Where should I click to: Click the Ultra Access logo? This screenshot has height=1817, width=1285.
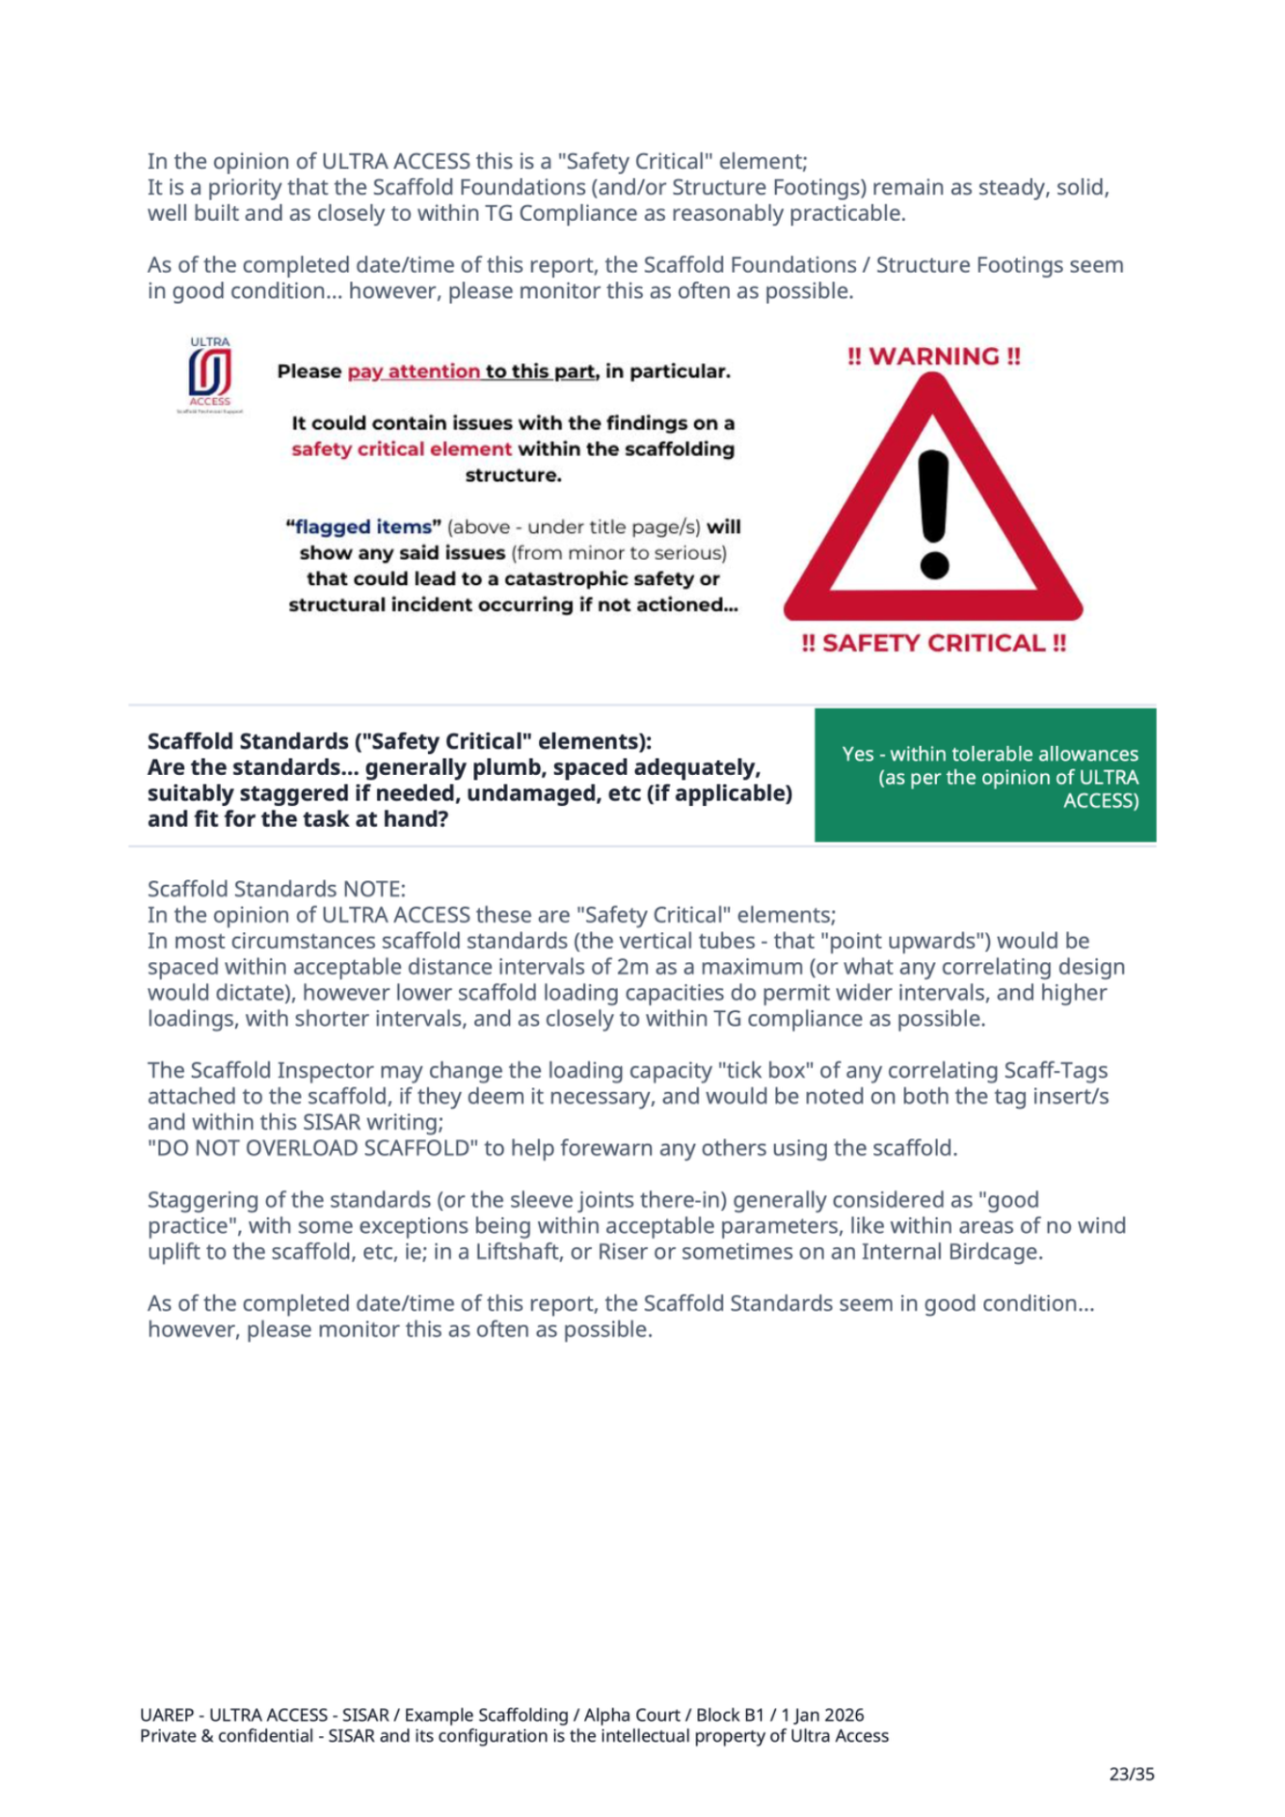tap(210, 373)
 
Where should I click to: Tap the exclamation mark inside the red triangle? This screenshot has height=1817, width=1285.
tap(933, 513)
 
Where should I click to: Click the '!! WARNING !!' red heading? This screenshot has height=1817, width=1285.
tap(933, 356)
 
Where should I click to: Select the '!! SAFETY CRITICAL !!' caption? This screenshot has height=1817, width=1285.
tap(933, 643)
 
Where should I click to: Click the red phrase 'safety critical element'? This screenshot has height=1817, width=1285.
tap(402, 449)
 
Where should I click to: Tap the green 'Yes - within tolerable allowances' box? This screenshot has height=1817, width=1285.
tap(985, 776)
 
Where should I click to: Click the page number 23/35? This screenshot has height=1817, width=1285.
tap(1131, 1774)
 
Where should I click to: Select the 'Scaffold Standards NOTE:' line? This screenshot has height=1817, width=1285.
tap(277, 889)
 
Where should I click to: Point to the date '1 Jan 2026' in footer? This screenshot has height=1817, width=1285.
tap(822, 1714)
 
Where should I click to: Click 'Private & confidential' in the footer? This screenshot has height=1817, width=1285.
tap(226, 1735)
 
